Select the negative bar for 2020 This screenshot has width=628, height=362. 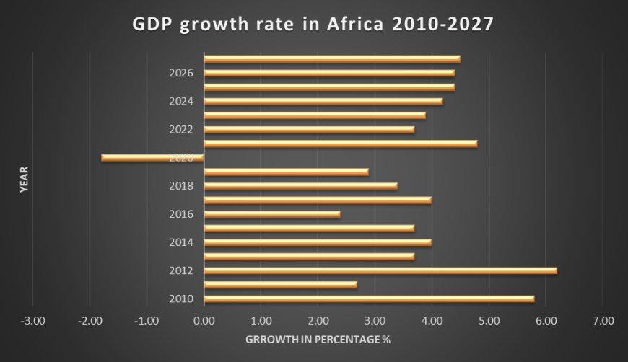pyautogui.click(x=153, y=157)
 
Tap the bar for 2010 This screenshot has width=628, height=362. pyautogui.click(x=369, y=299)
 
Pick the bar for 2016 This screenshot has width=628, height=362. pyautogui.click(x=272, y=214)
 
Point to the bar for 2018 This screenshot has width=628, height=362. pyautogui.click(x=301, y=186)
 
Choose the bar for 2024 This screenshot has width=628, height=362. pyautogui.click(x=323, y=101)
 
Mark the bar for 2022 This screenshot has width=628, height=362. pyautogui.click(x=310, y=130)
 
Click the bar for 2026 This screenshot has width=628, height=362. pyautogui.click(x=329, y=73)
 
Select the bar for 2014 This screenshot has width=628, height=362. pyautogui.click(x=318, y=242)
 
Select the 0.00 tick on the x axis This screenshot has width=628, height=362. pyautogui.click(x=204, y=320)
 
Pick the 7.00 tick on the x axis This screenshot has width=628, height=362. pyautogui.click(x=603, y=320)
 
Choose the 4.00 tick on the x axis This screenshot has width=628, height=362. pyautogui.click(x=432, y=320)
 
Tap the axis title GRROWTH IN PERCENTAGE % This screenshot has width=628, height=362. pyautogui.click(x=318, y=338)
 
